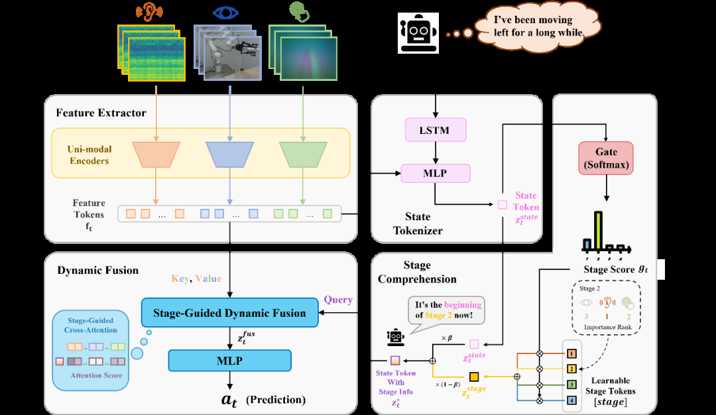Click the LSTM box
[x=435, y=130]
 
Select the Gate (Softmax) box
[x=606, y=158]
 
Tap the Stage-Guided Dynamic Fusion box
[x=229, y=313]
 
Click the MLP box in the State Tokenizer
[x=435, y=174]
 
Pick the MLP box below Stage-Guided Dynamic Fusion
[x=229, y=361]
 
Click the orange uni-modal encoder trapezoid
[x=156, y=154]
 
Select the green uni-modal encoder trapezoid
[x=303, y=154]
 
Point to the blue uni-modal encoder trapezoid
[x=229, y=154]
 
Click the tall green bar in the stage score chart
[x=598, y=231]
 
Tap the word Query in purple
[x=338, y=300]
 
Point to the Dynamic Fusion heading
[x=98, y=270]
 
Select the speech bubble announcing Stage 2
[x=445, y=310]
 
